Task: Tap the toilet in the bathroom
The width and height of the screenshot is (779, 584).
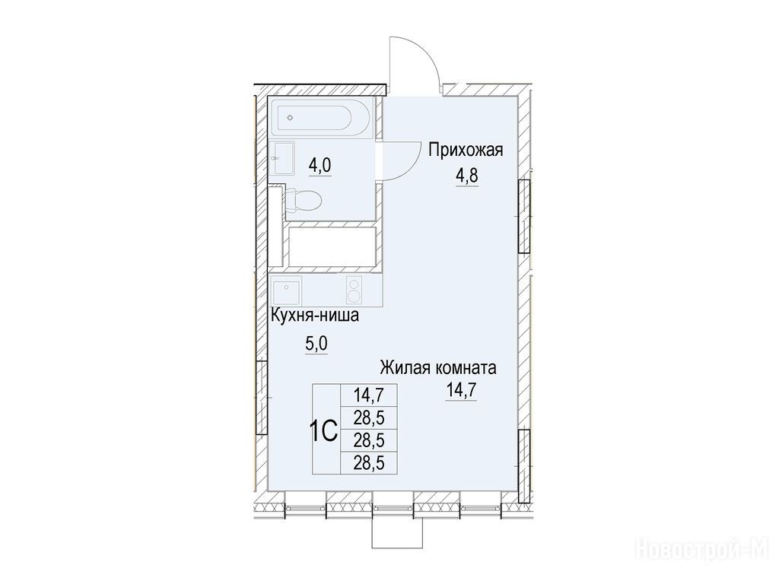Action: (304, 201)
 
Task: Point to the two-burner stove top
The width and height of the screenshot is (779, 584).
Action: (354, 290)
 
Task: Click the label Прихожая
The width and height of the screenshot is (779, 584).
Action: (466, 150)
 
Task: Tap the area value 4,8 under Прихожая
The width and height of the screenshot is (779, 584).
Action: (467, 176)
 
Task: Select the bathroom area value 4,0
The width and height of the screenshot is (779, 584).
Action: (320, 165)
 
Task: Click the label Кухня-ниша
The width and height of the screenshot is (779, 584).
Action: (314, 316)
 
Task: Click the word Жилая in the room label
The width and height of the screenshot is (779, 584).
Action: (405, 368)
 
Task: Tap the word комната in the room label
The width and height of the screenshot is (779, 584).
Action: (466, 369)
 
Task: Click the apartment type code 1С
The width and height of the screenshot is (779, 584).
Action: (324, 431)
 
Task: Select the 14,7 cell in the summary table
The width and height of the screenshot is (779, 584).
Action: (369, 395)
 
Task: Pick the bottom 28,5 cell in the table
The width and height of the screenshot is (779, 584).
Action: (369, 463)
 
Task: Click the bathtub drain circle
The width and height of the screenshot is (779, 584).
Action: (291, 118)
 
